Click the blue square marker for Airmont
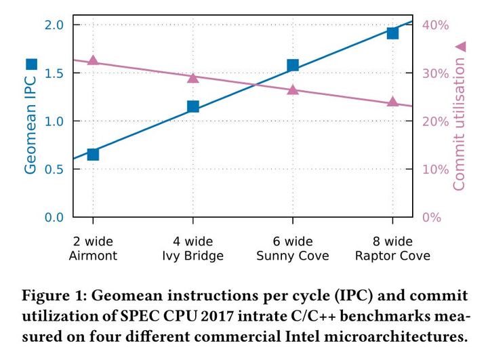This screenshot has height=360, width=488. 93,155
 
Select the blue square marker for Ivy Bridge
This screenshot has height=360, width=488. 193,106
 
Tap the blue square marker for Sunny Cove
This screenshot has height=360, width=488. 293,66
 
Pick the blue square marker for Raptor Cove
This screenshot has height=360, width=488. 392,33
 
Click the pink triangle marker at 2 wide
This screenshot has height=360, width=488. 93,61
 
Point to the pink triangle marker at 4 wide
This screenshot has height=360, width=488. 193,78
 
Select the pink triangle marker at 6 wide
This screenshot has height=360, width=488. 293,89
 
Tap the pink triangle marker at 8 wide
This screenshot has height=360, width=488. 392,102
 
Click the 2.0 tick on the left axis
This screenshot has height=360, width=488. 54,25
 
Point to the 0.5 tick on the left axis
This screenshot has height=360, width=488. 54,169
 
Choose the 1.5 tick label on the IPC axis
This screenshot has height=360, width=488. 54,73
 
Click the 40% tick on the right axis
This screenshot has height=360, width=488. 436,25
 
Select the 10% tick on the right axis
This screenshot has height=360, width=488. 436,169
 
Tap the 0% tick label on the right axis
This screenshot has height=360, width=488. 432,218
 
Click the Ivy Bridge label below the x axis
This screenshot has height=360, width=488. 193,256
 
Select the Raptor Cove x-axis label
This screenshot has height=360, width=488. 392,256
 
